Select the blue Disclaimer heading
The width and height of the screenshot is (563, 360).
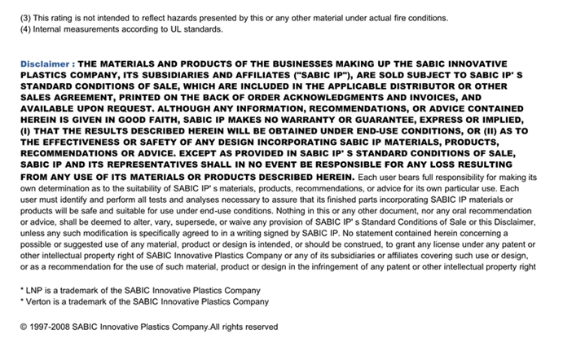click(47, 64)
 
